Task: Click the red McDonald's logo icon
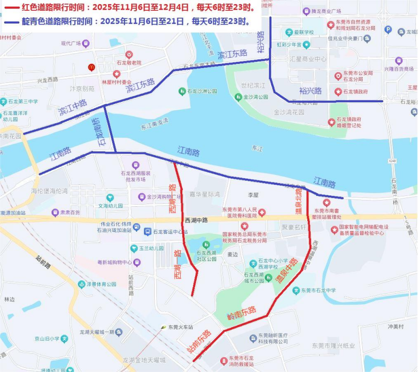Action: tap(92, 67)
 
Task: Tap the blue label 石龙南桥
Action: tap(97, 134)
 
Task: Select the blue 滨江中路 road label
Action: tap(73, 107)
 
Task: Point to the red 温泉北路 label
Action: tap(299, 201)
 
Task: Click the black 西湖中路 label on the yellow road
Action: tap(196, 220)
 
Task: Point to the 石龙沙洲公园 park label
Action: tap(197, 91)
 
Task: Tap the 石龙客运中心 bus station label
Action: tap(166, 231)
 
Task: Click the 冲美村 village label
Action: tap(396, 326)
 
